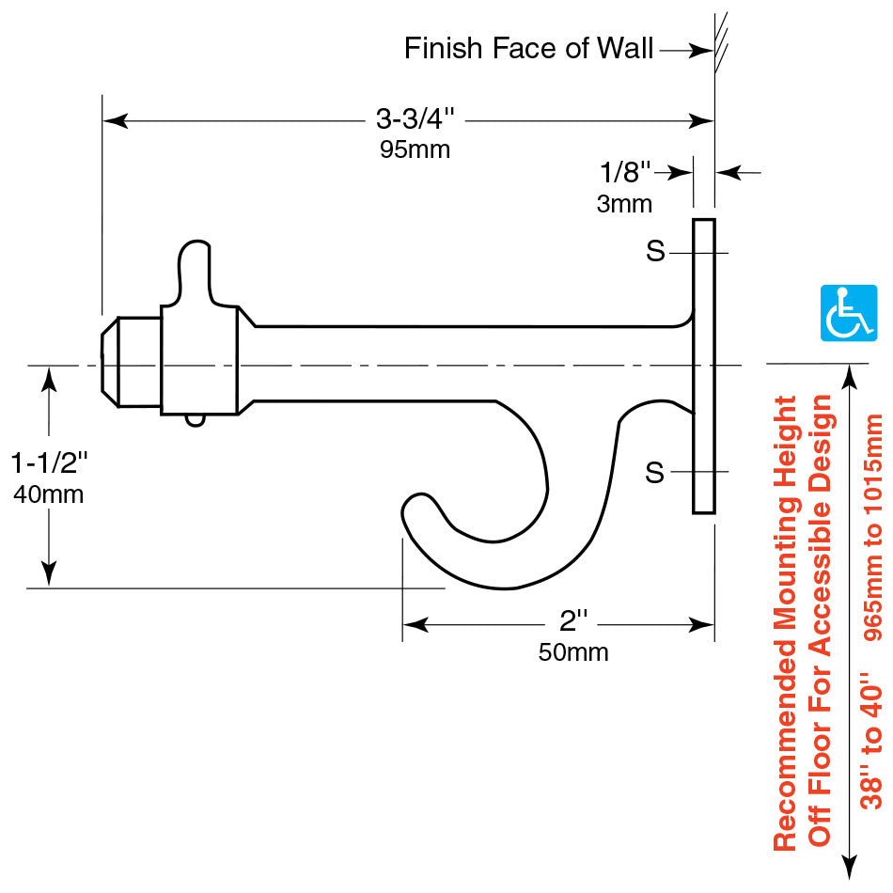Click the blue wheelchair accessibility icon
click(x=849, y=313)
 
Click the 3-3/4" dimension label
click(x=415, y=119)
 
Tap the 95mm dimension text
click(x=415, y=149)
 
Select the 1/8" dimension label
click(x=625, y=172)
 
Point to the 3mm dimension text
click(x=624, y=203)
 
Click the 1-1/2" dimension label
click(x=49, y=462)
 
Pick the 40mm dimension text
click(x=49, y=493)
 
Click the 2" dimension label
click(x=572, y=621)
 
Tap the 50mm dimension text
click(x=572, y=651)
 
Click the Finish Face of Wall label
click(x=528, y=49)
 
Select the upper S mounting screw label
click(x=655, y=252)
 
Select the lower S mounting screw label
click(x=655, y=473)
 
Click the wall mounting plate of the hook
click(x=704, y=367)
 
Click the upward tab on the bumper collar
click(x=196, y=268)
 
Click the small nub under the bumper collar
click(x=194, y=420)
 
